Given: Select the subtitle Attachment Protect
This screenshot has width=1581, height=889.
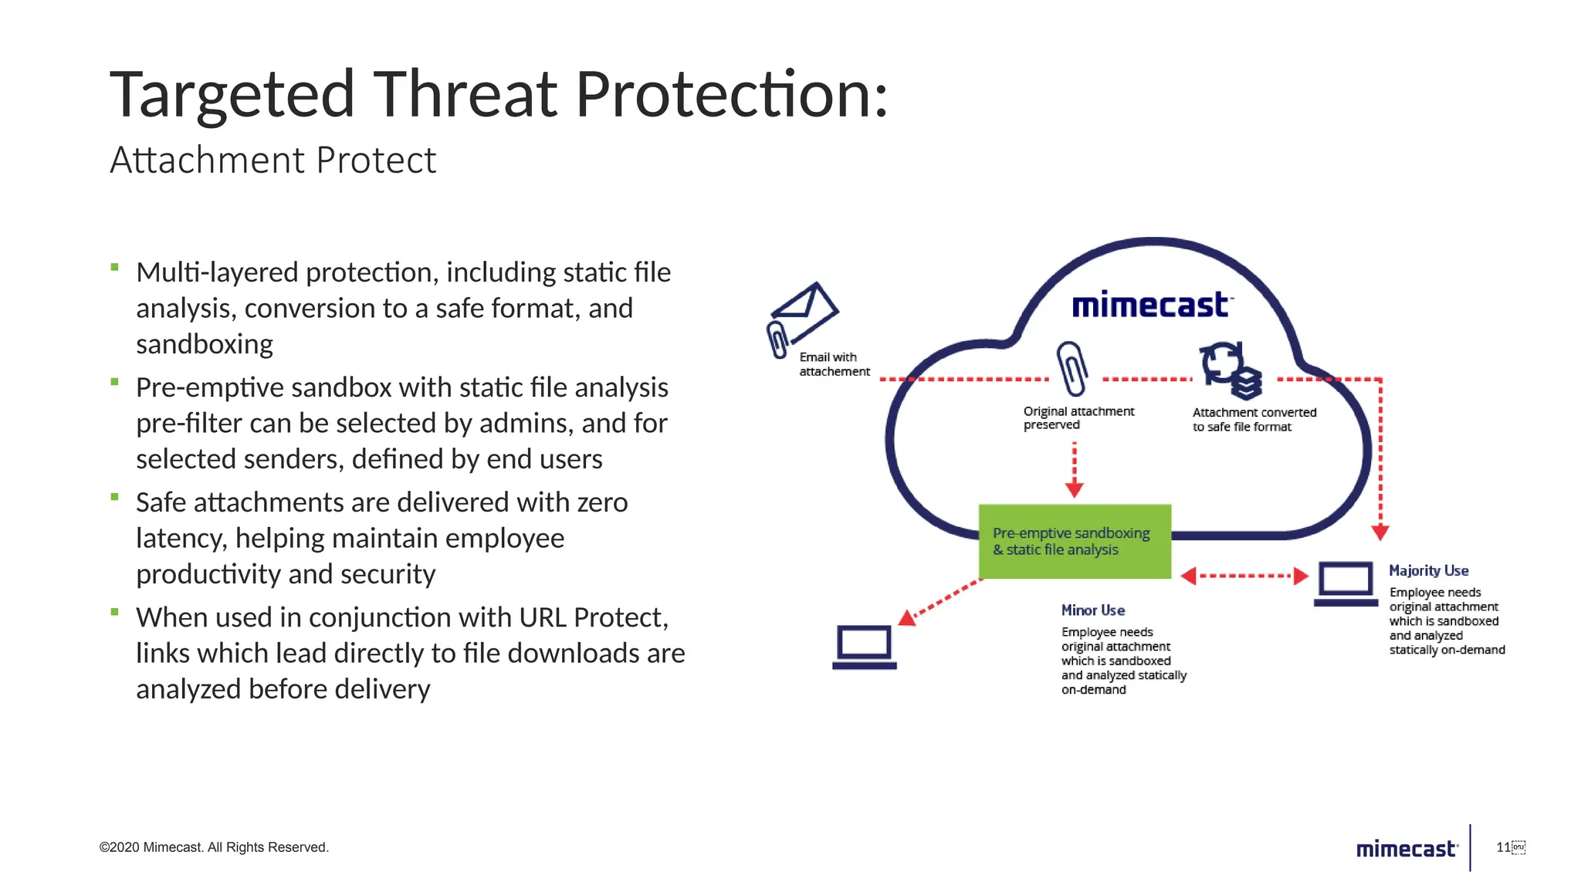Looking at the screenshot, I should pos(273,161).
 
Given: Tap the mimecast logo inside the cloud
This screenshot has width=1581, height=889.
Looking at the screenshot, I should pos(1151,306).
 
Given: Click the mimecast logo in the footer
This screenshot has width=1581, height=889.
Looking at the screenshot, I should pos(1406,849).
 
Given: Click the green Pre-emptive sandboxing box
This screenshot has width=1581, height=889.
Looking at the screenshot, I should pos(1075,541).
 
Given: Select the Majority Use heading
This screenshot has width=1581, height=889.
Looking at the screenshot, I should pos(1428,570).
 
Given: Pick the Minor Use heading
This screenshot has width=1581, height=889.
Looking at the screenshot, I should pos(1092,610).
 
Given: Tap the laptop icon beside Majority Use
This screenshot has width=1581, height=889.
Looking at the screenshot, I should pos(1346,583).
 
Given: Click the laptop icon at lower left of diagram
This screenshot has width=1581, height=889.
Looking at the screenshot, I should pos(865,647).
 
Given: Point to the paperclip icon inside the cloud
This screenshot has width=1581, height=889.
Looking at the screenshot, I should pos(1072,368).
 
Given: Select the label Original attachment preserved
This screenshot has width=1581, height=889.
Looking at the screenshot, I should pos(1078,417).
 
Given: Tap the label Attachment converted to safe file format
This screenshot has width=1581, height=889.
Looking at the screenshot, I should pos(1254,419).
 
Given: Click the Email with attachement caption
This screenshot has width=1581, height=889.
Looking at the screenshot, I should pos(833,364).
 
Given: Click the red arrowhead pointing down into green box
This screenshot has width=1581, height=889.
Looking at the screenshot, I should pos(1074,489).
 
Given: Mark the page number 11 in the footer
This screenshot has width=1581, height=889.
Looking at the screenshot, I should pos(1503,847).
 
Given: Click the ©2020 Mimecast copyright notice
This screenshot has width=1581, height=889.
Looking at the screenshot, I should pos(214,847).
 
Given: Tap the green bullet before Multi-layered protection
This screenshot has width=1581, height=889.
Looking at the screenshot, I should pos(114,268).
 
